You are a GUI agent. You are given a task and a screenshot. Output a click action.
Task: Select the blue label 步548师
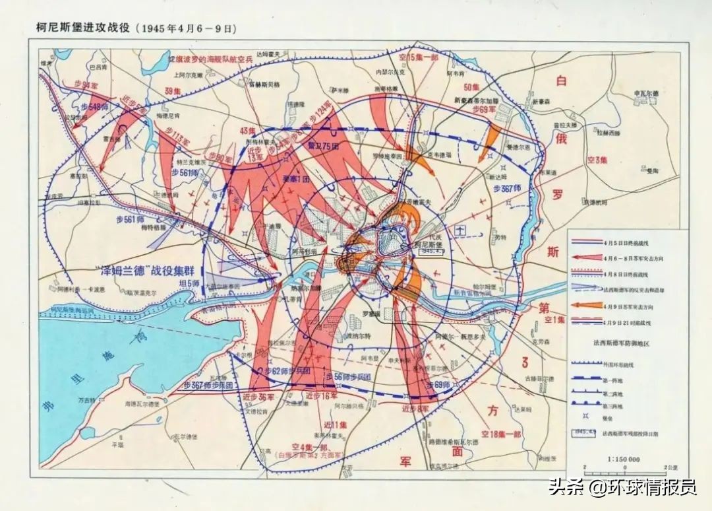point(94,107)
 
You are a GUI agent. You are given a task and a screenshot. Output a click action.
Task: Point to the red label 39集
point(173,90)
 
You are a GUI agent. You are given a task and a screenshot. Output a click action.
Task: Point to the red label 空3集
point(598,160)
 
